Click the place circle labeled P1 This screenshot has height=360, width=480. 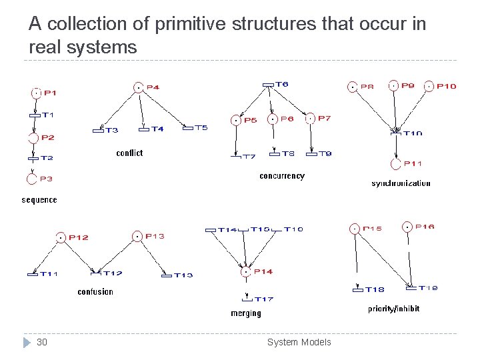[x=35, y=93]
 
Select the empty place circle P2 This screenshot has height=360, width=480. [x=34, y=138]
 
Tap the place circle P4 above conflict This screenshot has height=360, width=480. [x=137, y=87]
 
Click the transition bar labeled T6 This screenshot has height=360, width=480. [x=268, y=85]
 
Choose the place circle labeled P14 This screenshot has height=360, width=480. [x=246, y=271]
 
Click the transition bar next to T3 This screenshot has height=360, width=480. [x=99, y=130]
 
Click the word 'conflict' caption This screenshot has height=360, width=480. [x=129, y=153]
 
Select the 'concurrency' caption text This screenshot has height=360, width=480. [x=282, y=176]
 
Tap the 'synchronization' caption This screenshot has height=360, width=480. [x=401, y=183]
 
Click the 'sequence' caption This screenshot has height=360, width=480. [x=39, y=200]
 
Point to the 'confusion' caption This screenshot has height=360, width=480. [x=95, y=292]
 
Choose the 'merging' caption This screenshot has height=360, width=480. [x=246, y=313]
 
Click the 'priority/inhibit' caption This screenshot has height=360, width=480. [x=394, y=309]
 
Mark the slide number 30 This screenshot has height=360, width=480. [x=42, y=342]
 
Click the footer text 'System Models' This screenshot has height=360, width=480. [x=299, y=342]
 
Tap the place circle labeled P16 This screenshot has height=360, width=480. [x=406, y=227]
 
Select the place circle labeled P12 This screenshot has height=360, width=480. [x=61, y=237]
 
